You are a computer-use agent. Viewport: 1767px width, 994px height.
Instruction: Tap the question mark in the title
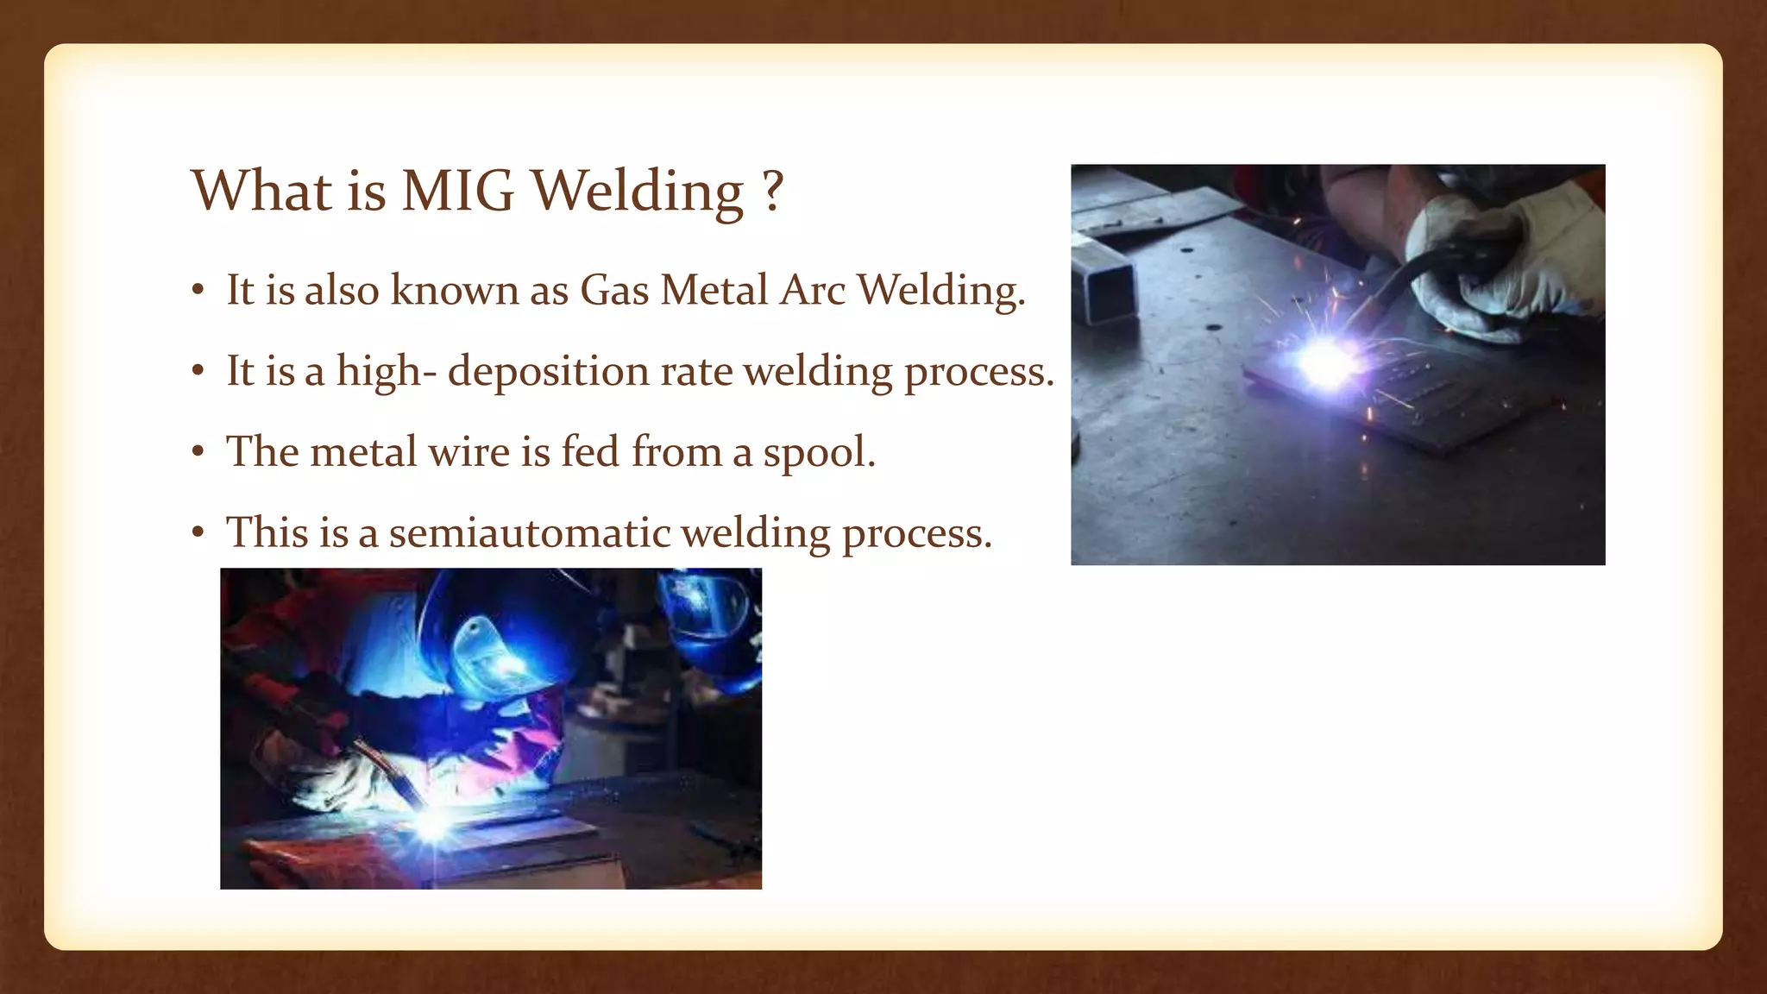[773, 191]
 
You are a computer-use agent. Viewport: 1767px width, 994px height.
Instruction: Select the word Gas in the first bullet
[613, 290]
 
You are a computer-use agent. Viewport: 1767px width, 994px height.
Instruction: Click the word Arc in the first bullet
[812, 290]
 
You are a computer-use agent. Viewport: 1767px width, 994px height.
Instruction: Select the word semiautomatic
[530, 532]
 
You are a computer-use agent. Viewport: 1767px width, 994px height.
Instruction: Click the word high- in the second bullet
[386, 372]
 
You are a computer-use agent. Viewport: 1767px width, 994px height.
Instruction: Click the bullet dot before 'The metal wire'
[198, 452]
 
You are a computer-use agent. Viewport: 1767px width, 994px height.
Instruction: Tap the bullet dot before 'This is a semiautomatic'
[198, 532]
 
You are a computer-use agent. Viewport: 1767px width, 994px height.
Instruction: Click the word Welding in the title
[636, 191]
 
